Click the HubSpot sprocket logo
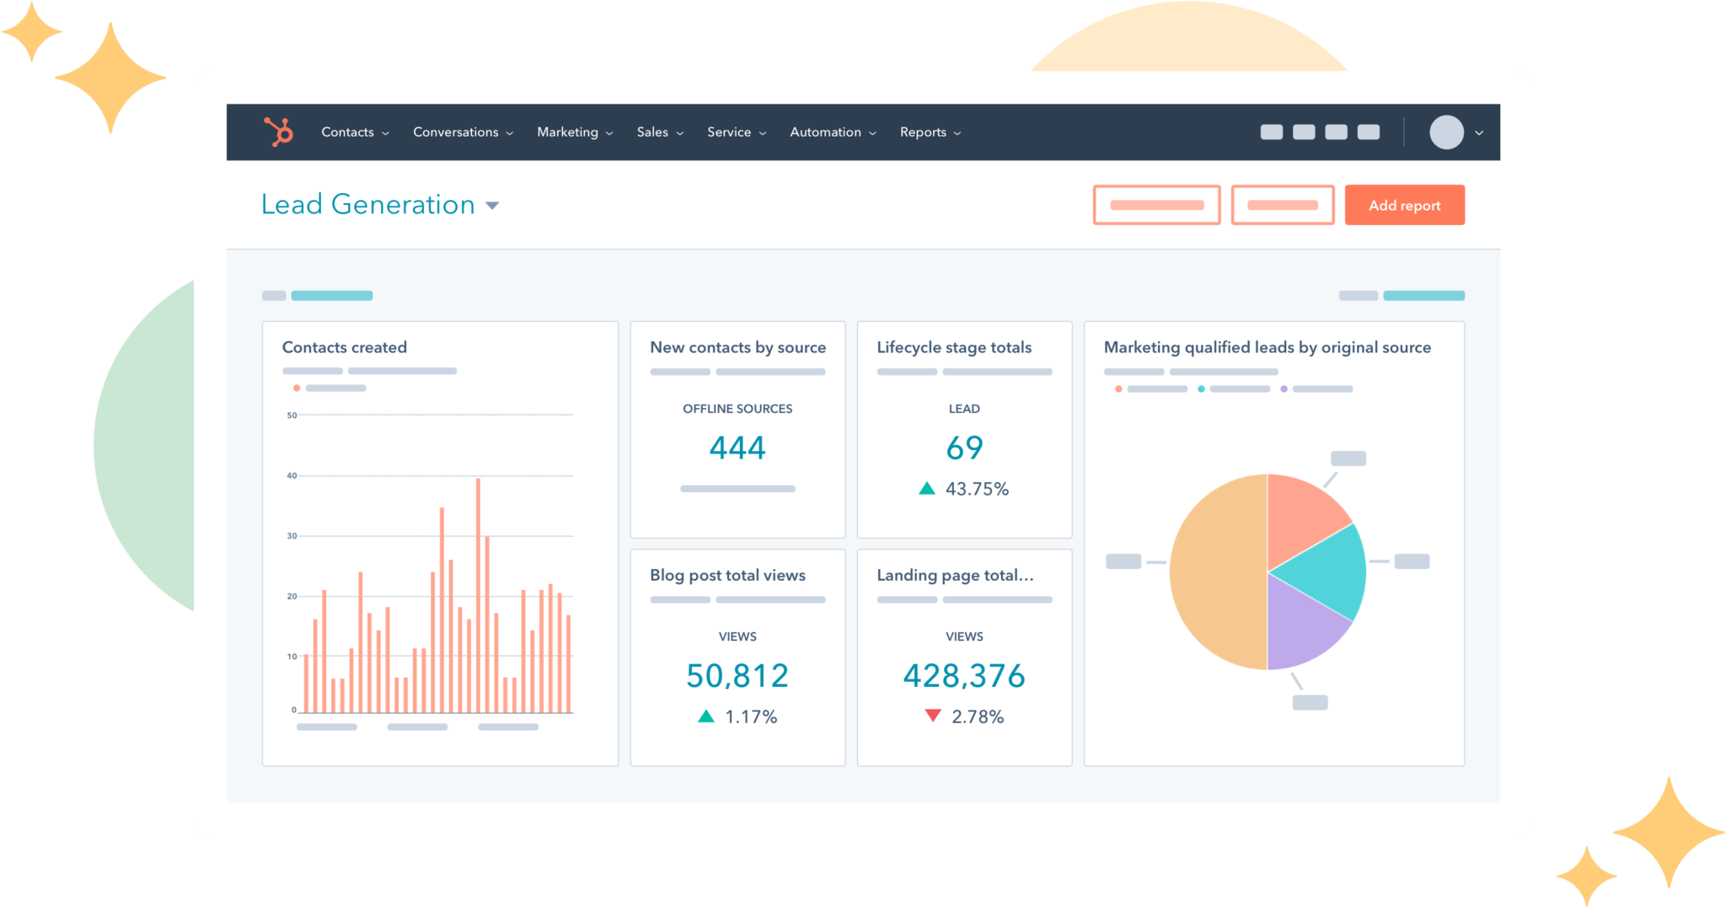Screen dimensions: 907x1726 [278, 131]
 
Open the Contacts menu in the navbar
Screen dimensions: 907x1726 [354, 132]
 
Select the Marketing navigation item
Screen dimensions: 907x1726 [574, 132]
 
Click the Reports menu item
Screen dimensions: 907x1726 [929, 132]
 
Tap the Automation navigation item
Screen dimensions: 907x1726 [832, 132]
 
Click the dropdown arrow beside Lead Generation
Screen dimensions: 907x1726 [492, 206]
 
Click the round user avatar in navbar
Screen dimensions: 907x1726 [1446, 132]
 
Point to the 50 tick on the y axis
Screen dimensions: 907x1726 [292, 416]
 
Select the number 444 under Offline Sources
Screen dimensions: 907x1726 [737, 448]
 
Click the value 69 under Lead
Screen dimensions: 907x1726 [964, 448]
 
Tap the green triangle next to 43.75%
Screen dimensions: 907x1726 [927, 488]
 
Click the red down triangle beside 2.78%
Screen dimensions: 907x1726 [932, 716]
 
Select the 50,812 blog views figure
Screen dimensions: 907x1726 [737, 675]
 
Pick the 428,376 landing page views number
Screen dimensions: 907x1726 [964, 675]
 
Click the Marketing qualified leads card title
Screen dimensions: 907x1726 [1267, 347]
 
